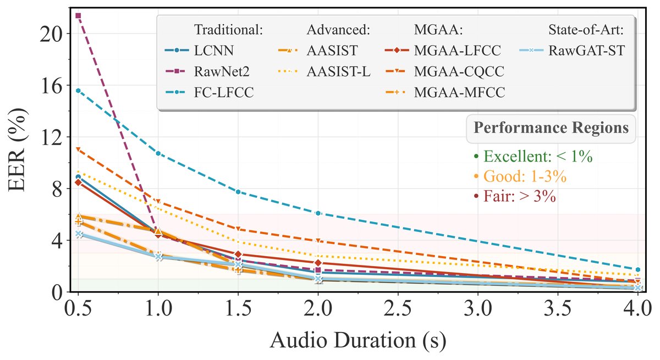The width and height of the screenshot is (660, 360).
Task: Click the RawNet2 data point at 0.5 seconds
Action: click(78, 15)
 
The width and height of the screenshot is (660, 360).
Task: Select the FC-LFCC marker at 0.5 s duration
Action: click(78, 91)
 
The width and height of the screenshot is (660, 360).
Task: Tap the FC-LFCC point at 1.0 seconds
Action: click(158, 153)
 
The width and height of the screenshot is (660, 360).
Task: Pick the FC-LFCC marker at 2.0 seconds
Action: click(318, 213)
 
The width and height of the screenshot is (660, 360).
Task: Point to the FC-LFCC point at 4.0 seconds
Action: click(637, 269)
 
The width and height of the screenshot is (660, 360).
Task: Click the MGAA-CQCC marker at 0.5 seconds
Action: click(78, 149)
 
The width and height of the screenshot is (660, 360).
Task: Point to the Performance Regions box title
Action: click(551, 128)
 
